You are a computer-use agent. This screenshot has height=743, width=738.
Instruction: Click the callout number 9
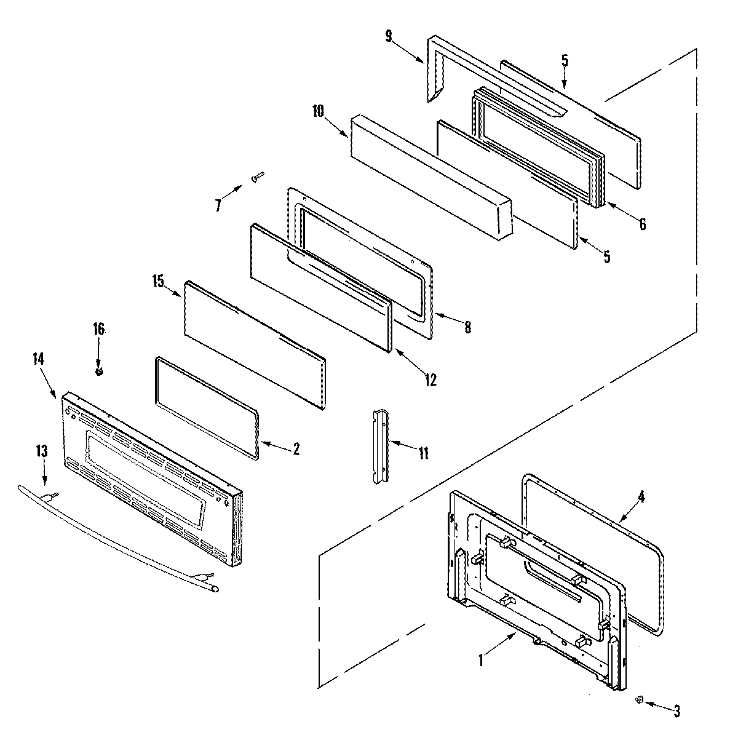(389, 36)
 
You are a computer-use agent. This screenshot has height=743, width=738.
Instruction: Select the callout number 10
(317, 111)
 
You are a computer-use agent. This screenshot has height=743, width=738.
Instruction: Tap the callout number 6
(642, 224)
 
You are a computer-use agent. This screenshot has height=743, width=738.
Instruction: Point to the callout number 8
(467, 328)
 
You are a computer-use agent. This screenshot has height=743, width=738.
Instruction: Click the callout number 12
(430, 380)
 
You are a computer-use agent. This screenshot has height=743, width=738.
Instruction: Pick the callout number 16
(98, 329)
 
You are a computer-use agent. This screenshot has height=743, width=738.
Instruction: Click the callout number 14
(38, 359)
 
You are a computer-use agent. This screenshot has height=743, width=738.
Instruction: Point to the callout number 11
(423, 453)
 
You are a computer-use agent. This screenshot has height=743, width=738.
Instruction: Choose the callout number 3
(676, 712)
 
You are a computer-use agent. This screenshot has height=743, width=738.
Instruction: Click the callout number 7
(218, 205)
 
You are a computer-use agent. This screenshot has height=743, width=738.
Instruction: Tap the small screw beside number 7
(258, 178)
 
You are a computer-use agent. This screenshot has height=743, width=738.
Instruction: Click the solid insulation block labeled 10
(430, 178)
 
